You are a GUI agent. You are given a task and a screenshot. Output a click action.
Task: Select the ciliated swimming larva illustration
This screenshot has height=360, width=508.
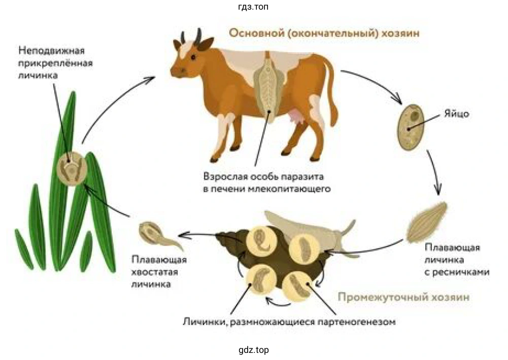tap(427, 221)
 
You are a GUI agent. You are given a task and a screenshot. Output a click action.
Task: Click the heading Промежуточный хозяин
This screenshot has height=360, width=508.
tap(403, 297)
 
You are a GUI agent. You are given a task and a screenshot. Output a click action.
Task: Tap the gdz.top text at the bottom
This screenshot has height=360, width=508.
tap(253, 350)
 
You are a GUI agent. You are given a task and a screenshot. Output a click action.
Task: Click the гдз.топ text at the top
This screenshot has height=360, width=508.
tap(253, 7)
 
